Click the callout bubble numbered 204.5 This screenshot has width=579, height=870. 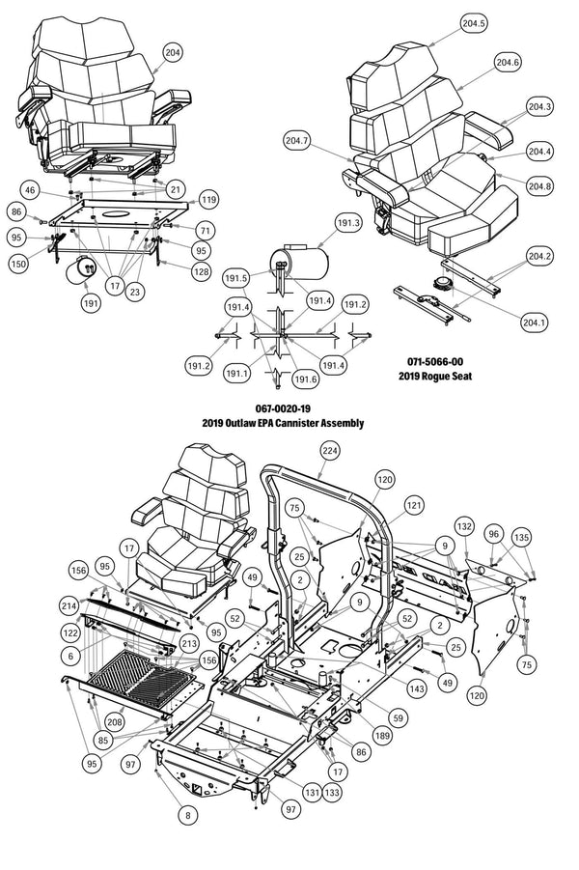tap(473, 23)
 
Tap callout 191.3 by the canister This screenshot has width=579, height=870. tap(347, 223)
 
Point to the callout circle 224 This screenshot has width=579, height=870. tap(330, 451)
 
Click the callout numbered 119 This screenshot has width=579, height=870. tap(208, 200)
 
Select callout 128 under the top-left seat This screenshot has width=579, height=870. tap(201, 273)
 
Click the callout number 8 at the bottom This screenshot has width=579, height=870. tap(186, 815)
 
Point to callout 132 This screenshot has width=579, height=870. tap(465, 526)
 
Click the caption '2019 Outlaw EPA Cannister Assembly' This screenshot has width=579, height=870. tap(283, 423)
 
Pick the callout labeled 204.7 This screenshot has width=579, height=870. tap(297, 141)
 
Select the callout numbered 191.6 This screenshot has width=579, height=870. tap(306, 379)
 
